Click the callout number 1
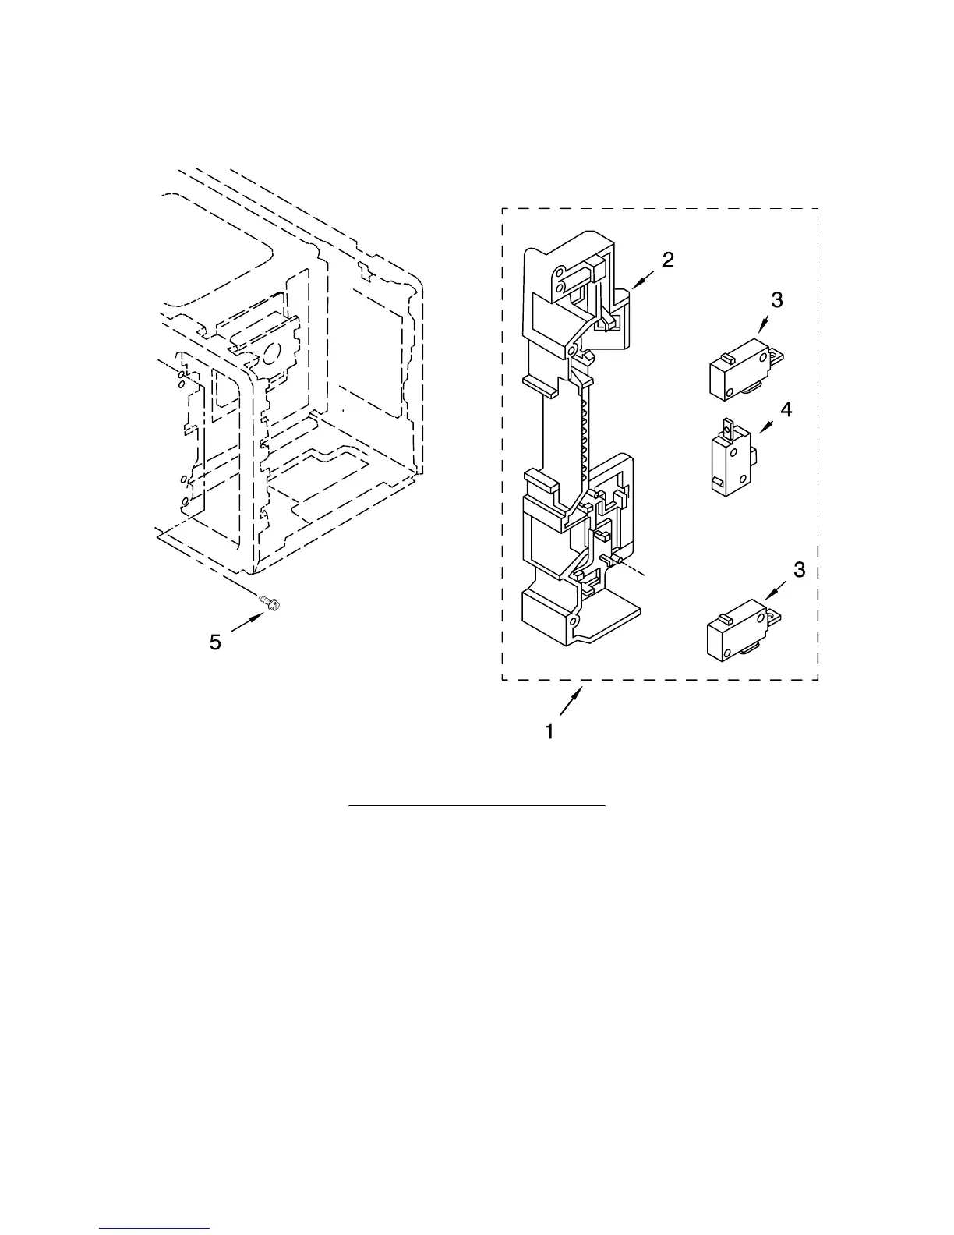coord(549,732)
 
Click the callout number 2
coord(668,260)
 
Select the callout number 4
coord(786,409)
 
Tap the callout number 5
coord(215,642)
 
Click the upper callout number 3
coord(777,299)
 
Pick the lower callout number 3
coord(799,571)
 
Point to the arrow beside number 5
coord(248,623)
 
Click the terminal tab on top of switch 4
coord(730,426)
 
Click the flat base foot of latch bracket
coord(615,616)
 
